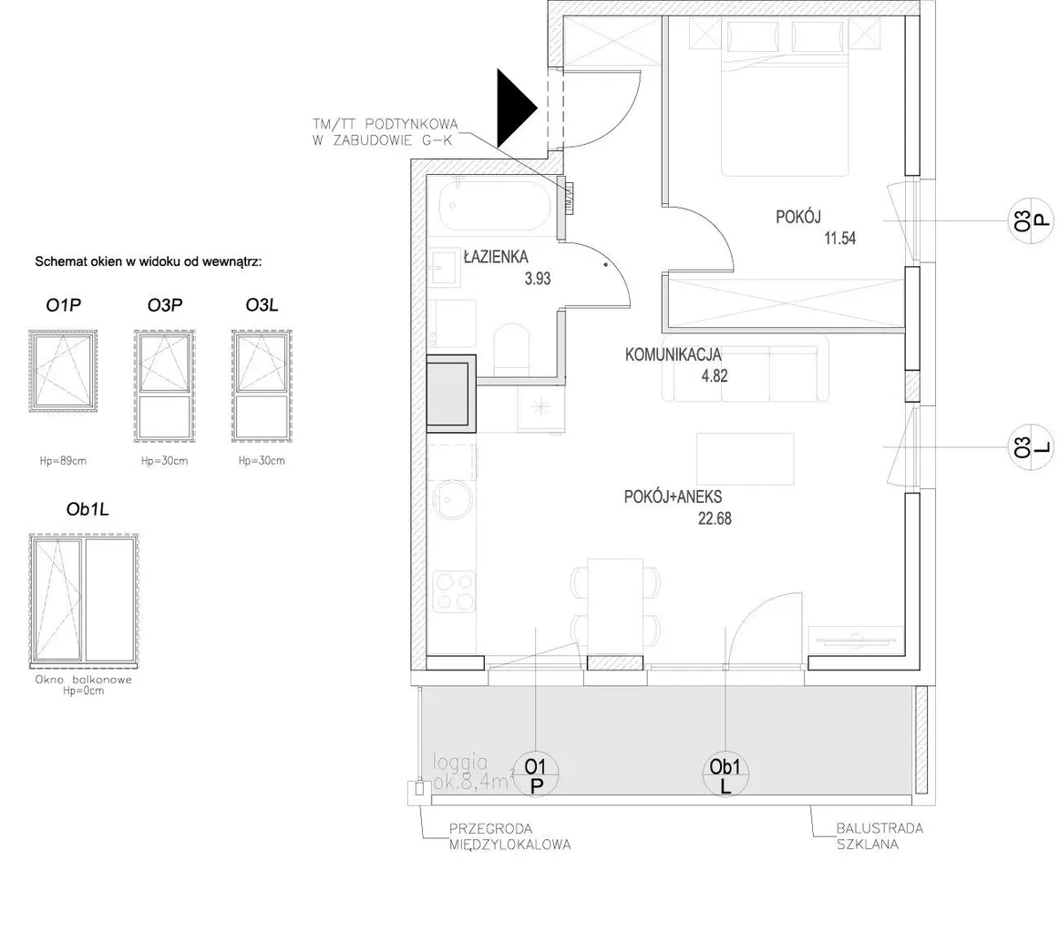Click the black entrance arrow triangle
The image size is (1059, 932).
pyautogui.click(x=513, y=108)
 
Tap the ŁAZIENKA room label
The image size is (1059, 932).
pyautogui.click(x=496, y=257)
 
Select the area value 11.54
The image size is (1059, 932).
pyautogui.click(x=840, y=238)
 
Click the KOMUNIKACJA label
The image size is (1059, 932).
pyautogui.click(x=673, y=354)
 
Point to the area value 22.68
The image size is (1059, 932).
pyautogui.click(x=715, y=518)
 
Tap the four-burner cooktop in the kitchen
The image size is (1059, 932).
pyautogui.click(x=454, y=591)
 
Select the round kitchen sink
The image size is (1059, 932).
pyautogui.click(x=454, y=500)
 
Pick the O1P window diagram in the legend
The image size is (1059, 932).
pyautogui.click(x=63, y=371)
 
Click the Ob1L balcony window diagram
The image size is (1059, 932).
pyautogui.click(x=84, y=599)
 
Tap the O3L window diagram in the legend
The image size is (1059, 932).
pyautogui.click(x=262, y=386)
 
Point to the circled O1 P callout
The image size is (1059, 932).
pyautogui.click(x=536, y=775)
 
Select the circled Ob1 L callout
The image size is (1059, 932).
pyautogui.click(x=725, y=775)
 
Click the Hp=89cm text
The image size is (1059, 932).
pyautogui.click(x=63, y=461)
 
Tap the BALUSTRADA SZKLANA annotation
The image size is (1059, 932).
pyautogui.click(x=879, y=836)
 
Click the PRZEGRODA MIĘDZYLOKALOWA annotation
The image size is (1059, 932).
pyautogui.click(x=510, y=836)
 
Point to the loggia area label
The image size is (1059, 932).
pyautogui.click(x=471, y=773)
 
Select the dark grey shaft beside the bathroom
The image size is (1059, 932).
pyautogui.click(x=451, y=393)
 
